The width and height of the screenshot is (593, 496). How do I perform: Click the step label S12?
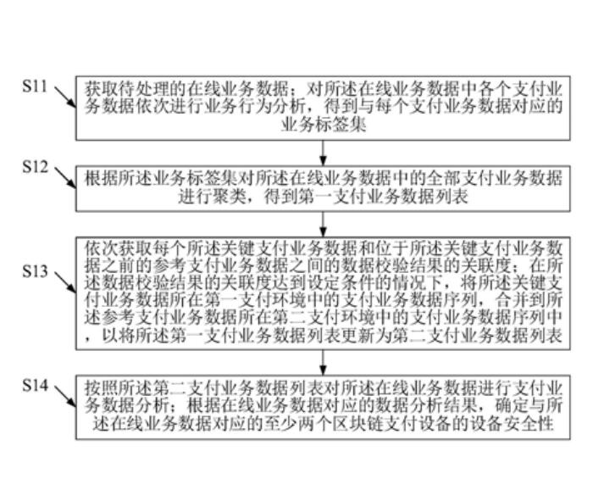36,167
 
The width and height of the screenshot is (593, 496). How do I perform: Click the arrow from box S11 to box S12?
324,151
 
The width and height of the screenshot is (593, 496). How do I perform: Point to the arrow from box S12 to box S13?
324,223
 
